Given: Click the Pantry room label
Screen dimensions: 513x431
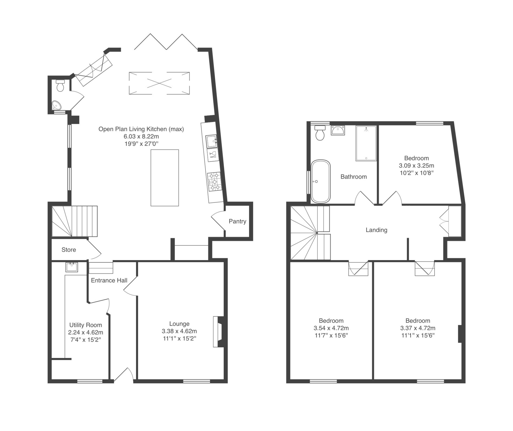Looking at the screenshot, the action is click(x=237, y=221).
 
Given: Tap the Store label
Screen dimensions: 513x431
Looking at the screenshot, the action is click(x=69, y=250).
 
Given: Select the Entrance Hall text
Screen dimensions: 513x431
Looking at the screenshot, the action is click(x=109, y=280).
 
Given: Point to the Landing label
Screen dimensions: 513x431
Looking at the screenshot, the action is click(x=376, y=230).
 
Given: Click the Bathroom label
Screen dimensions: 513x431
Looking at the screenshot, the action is click(x=353, y=177).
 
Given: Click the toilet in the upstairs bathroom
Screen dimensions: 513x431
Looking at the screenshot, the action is click(x=320, y=133).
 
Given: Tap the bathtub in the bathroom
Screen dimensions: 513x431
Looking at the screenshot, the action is click(x=321, y=182).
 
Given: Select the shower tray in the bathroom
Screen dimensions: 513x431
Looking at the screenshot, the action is click(x=366, y=143).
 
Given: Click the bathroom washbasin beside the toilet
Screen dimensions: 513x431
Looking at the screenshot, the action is click(x=338, y=130).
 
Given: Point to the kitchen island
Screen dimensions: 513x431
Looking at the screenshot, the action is click(x=165, y=178).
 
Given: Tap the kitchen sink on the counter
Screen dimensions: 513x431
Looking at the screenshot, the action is click(x=212, y=141).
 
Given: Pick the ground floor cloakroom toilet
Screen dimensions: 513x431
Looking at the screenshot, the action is click(x=60, y=86).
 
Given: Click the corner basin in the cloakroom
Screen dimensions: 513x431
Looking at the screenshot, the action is click(x=56, y=105).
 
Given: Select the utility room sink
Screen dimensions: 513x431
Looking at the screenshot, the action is click(x=71, y=267).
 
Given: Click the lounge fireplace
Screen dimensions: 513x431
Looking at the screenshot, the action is click(x=218, y=332).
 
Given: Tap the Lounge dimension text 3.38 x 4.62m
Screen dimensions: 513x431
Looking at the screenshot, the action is click(x=179, y=331).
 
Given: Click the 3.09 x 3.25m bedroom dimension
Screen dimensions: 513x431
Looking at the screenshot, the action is click(x=416, y=166).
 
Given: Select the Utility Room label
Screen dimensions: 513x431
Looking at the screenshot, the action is click(x=85, y=325).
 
